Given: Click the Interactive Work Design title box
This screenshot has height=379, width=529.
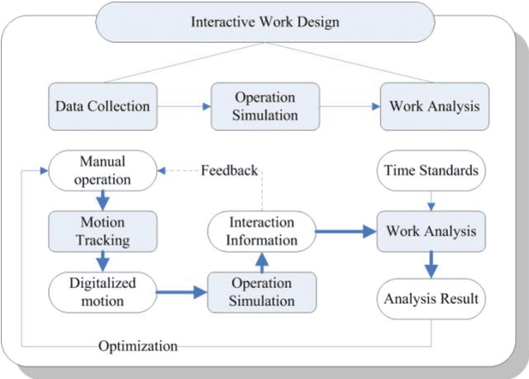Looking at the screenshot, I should [264, 21].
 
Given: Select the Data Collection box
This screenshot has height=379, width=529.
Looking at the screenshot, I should [102, 106].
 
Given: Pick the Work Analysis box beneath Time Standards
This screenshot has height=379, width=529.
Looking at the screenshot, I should [431, 230].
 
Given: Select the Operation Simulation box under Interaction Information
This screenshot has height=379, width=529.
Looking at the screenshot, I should [262, 291].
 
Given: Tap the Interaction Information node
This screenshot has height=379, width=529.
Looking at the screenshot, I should [262, 231].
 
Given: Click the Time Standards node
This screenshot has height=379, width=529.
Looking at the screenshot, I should [431, 171].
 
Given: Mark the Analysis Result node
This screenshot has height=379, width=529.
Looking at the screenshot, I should [431, 298].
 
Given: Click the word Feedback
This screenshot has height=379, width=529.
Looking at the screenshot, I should [230, 171].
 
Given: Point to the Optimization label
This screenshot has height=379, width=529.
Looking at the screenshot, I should [137, 346].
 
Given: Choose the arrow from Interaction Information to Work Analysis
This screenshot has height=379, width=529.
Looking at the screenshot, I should [346, 231].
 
